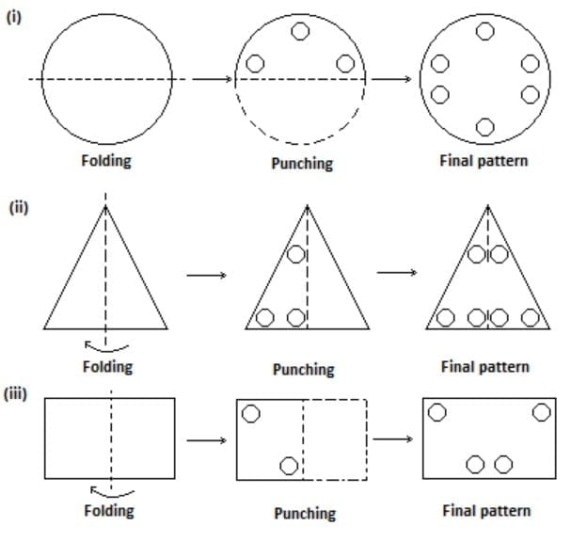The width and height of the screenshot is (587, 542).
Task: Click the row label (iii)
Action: coord(20,393)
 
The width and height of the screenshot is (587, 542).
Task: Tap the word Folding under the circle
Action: coord(106,160)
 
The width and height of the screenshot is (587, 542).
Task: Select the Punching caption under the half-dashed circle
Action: coord(302,163)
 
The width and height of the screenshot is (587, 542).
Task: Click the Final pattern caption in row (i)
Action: coord(484,160)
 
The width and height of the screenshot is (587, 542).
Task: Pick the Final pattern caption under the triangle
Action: coord(484,366)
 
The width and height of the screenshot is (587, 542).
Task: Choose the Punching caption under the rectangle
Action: coord(304,513)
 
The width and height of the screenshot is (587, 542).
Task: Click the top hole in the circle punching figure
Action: coord(300,31)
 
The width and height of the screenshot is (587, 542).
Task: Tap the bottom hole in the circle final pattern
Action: coord(484,127)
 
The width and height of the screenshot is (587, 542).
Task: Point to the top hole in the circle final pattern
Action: coord(484,31)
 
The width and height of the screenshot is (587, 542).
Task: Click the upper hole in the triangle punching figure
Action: coord(296,254)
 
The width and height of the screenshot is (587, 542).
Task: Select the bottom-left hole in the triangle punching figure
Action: coord(265,317)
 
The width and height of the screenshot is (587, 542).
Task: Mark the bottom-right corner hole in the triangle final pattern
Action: coord(531,317)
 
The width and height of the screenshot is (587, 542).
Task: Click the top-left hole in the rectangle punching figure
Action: coord(251,413)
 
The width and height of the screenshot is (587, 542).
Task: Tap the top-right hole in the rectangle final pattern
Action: coord(541,412)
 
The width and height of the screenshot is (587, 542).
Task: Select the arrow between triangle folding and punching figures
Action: coord(207,276)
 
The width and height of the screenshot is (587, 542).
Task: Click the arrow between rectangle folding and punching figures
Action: coord(207,439)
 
